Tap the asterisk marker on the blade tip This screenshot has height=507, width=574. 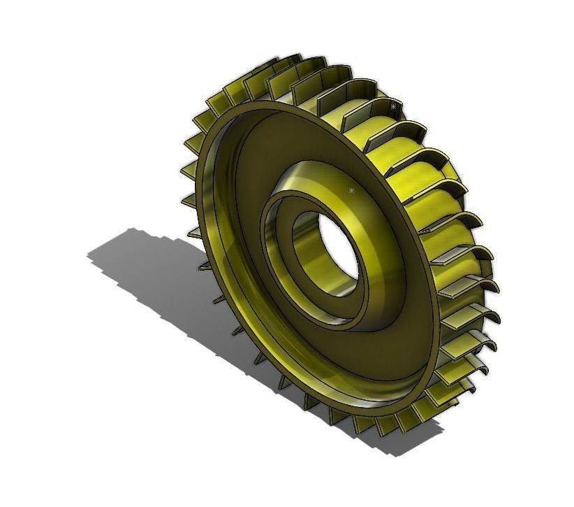coord(394,107)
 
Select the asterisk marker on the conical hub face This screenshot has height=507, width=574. coord(351,190)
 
